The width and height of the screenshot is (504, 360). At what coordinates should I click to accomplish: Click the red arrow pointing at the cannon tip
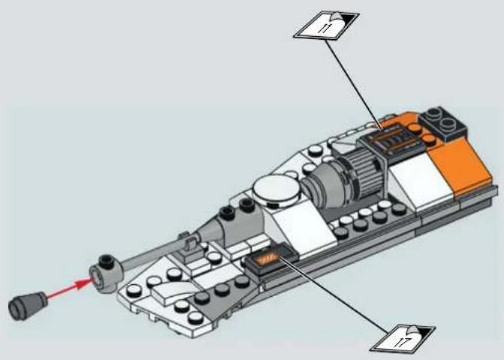(x=68, y=289)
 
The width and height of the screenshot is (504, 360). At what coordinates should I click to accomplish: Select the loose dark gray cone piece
(x=27, y=306)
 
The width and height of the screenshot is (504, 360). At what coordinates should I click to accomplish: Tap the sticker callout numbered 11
(x=326, y=25)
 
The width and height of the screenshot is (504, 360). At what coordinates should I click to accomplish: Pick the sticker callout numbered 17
(x=403, y=340)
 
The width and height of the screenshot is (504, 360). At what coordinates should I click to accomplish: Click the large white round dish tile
(x=276, y=190)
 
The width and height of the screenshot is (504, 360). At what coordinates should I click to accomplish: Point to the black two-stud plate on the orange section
(x=442, y=123)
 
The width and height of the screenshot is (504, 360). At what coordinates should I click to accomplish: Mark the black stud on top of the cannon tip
(x=106, y=261)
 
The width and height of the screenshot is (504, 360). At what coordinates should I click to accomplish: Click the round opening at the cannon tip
(x=96, y=277)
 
